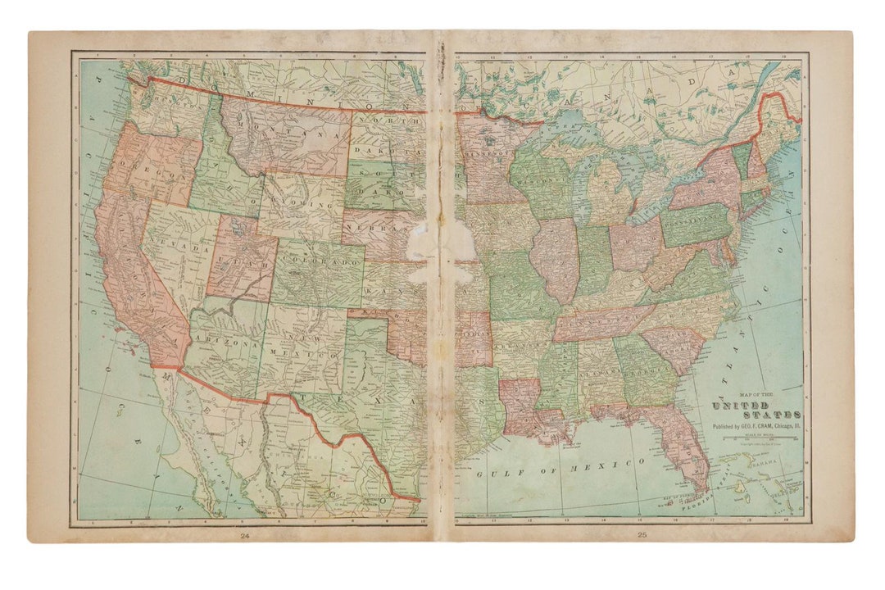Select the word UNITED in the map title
pos(740,406)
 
